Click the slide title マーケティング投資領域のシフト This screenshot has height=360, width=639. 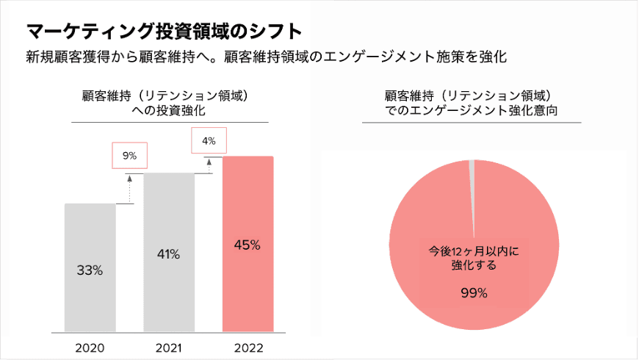pos(164,32)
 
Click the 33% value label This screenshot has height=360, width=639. pos(90,270)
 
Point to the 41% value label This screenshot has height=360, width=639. pos(168,254)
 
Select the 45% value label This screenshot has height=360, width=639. pos(248,245)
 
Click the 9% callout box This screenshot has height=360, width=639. pos(130,156)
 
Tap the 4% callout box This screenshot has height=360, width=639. pos(209,140)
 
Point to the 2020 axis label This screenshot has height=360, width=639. pos(90,348)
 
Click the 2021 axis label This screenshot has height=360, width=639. pos(168,348)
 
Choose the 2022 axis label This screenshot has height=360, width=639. pos(248,348)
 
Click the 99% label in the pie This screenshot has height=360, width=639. pos(474,293)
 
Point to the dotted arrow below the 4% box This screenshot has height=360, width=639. pos(209,164)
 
